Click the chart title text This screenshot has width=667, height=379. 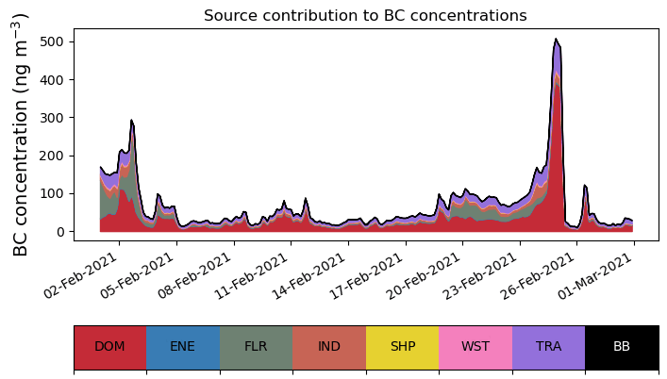pos(365,15)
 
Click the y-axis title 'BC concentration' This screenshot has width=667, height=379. pos(21,135)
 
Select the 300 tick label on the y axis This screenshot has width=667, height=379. pos(52,118)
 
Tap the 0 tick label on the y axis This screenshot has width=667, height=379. pos(59,232)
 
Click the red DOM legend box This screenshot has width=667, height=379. pos(110,347)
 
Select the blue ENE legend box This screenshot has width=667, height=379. pos(183,347)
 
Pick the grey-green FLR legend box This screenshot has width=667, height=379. pos(256,347)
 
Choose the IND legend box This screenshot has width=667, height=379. pos(329,347)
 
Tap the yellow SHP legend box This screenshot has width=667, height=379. pos(403,347)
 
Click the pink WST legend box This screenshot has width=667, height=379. pos(475,347)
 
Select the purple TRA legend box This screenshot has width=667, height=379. pos(548,347)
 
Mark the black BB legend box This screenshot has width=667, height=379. pos(622,347)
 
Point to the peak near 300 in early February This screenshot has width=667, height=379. pos(132,121)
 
